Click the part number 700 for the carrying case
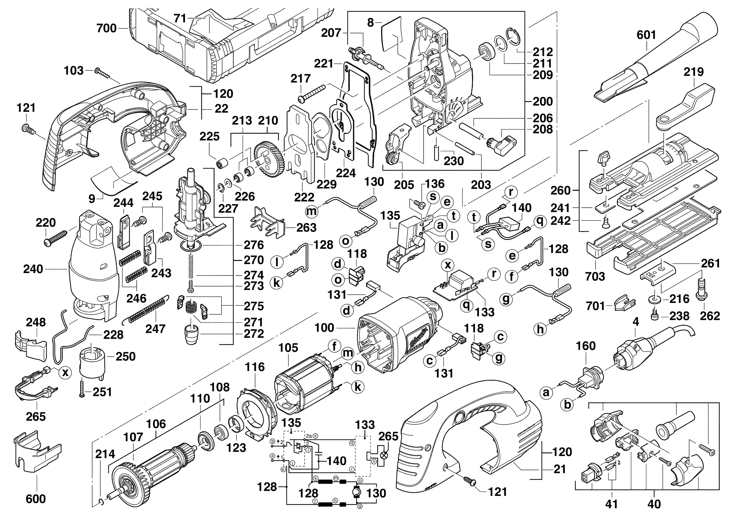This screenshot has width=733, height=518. coord(107,28)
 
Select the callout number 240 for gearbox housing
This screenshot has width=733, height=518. coord(33,269)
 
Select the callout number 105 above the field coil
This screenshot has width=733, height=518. coord(288,348)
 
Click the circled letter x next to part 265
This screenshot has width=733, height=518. coord(65,372)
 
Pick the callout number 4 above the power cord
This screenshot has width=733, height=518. coord(636,322)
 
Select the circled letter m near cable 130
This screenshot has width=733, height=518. coord(312,211)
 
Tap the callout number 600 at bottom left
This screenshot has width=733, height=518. coord(36,499)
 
